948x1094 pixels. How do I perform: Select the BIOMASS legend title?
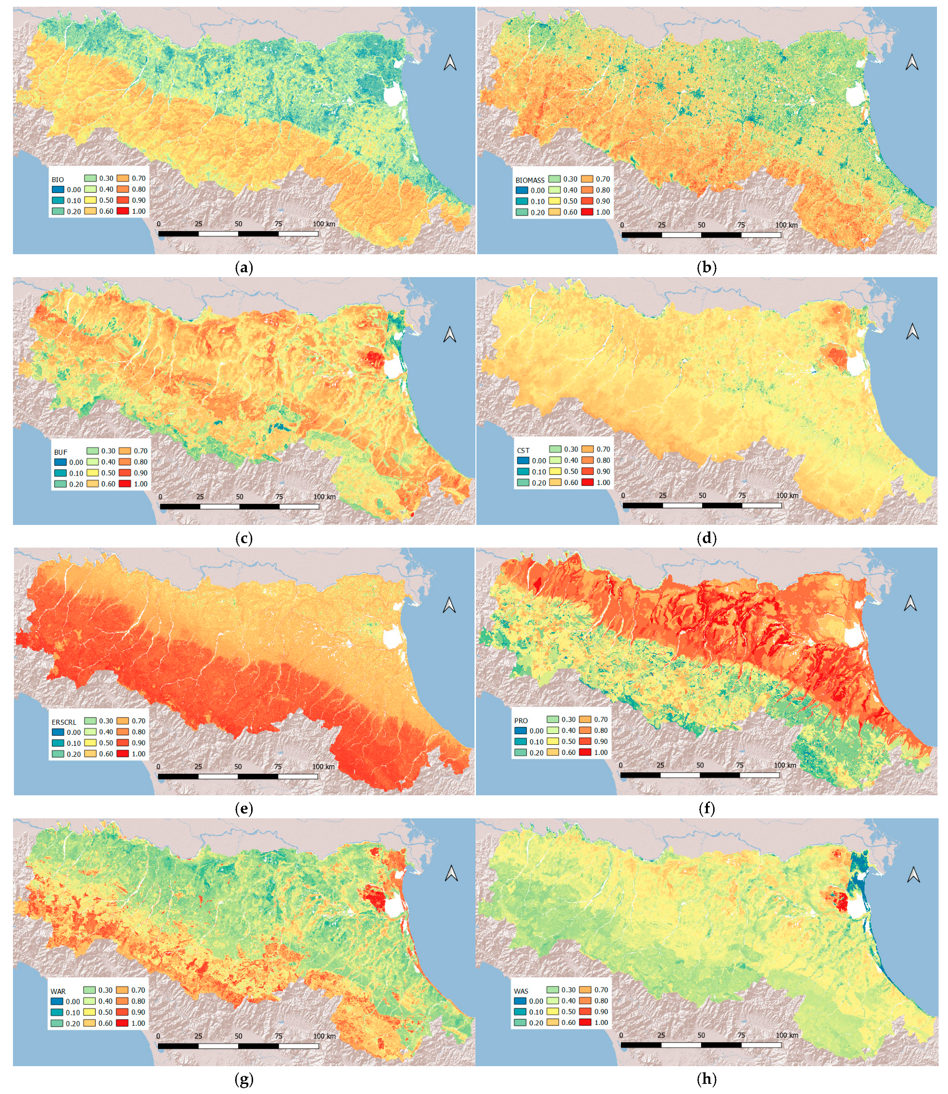(x=530, y=181)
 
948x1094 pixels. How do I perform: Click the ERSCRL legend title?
(x=64, y=722)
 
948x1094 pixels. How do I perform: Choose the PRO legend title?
(x=521, y=720)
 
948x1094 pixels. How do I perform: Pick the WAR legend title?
(x=58, y=991)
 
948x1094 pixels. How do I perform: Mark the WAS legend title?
(x=521, y=991)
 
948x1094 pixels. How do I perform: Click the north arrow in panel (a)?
(x=450, y=63)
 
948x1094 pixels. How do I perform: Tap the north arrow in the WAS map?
(x=913, y=875)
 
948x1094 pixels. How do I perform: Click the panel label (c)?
(x=243, y=538)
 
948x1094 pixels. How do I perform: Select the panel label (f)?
(x=707, y=808)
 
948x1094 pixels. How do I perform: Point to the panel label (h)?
(x=707, y=1079)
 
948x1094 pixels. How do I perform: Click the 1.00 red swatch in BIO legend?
(x=123, y=212)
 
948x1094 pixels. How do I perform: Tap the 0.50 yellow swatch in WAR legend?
(x=90, y=1012)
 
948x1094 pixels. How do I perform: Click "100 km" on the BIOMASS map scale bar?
(x=786, y=225)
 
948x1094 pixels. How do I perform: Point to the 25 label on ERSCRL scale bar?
(x=198, y=766)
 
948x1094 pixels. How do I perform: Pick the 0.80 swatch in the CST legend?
(x=587, y=460)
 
